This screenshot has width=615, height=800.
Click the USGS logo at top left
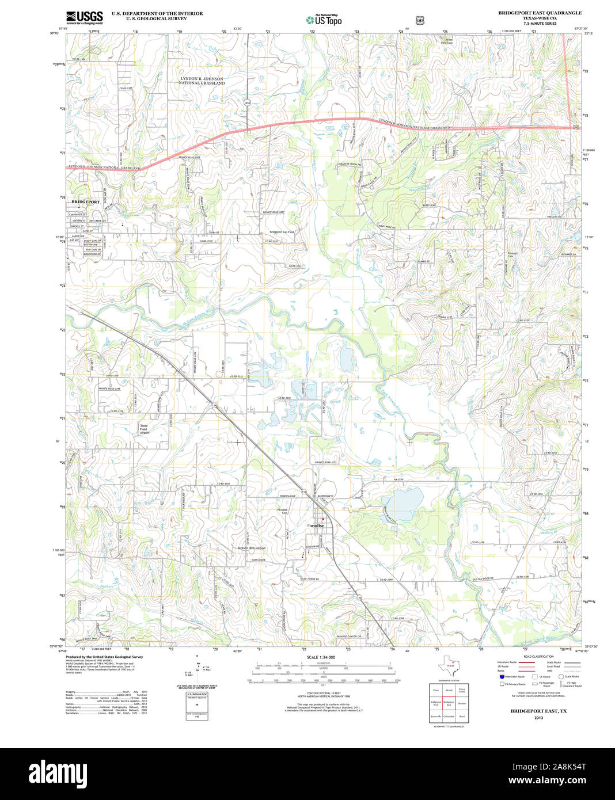coord(84,17)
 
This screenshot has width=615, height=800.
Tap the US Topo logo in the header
coord(324,20)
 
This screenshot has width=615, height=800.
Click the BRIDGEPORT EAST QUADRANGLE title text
coord(540,13)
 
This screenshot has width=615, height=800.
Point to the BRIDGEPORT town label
coord(85,202)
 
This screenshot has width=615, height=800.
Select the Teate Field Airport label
coord(144,429)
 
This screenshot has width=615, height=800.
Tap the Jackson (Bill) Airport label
coord(252,548)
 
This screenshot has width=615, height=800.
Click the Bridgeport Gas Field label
coord(282,233)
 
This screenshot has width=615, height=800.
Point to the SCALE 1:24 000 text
coord(321,657)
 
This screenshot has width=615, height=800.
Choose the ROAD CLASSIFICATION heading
coord(538,657)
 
